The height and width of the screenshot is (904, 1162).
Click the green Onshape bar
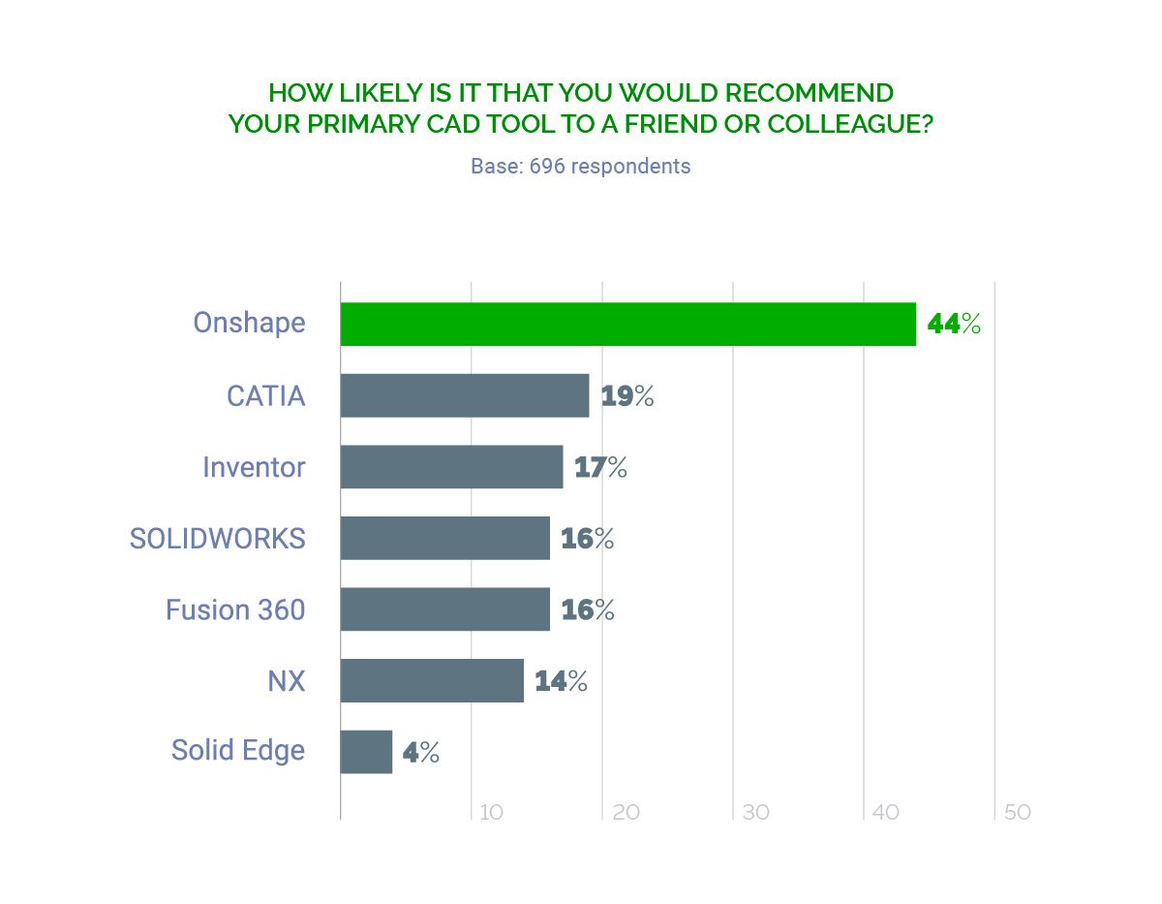click(627, 324)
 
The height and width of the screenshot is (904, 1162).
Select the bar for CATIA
click(465, 395)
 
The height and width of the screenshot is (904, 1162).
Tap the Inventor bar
click(451, 467)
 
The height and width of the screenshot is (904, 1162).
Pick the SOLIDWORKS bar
click(444, 538)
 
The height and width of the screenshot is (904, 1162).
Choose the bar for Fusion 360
click(444, 609)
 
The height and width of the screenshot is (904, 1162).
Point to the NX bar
click(432, 680)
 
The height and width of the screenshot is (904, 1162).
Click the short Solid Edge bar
click(366, 752)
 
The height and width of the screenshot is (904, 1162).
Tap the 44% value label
click(954, 324)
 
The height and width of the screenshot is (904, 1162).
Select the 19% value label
click(627, 396)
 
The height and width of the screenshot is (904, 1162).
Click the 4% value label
click(421, 753)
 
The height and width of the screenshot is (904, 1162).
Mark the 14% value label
click(562, 681)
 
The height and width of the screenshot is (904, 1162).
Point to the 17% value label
click(600, 468)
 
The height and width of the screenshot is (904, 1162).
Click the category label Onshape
click(249, 323)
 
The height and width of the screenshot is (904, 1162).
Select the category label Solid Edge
click(238, 751)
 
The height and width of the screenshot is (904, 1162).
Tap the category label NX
click(286, 680)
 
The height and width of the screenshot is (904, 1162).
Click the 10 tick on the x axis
click(491, 812)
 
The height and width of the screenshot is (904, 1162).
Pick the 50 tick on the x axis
click(1017, 812)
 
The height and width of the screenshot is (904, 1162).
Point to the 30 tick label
click(755, 812)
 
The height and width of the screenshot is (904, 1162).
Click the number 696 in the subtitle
click(547, 166)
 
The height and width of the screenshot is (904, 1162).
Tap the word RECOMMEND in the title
click(810, 93)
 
